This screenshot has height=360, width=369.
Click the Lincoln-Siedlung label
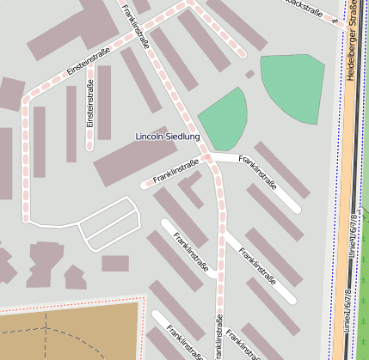coord(168,137)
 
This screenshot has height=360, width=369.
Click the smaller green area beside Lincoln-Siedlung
coord(225,119)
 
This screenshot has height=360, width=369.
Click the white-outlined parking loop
coord(108,225)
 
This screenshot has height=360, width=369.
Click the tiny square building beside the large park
coord(249,75)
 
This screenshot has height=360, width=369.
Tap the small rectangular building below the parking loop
coord(114,263)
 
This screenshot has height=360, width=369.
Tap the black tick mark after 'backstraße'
coord(335,20)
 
